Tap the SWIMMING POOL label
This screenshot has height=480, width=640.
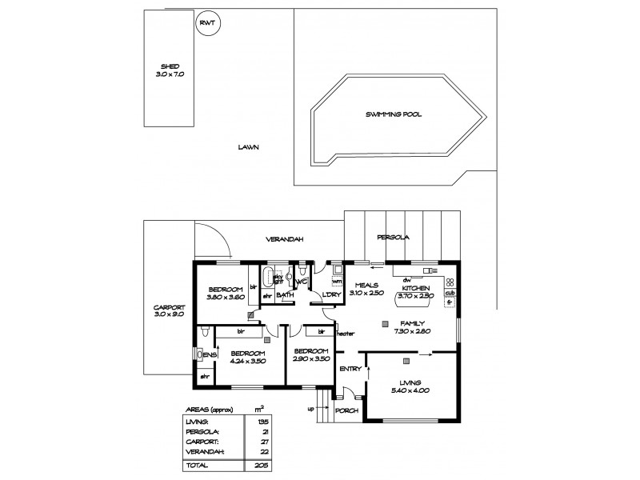coord(394,114)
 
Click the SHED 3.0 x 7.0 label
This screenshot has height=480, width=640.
coord(170,70)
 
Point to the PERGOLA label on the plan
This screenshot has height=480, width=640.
coord(394,238)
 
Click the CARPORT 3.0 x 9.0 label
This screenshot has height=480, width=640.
coord(169,311)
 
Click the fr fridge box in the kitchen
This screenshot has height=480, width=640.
coord(450,305)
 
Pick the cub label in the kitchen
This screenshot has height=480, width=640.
coord(450,294)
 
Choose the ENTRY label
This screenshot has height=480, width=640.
coord(350,369)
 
